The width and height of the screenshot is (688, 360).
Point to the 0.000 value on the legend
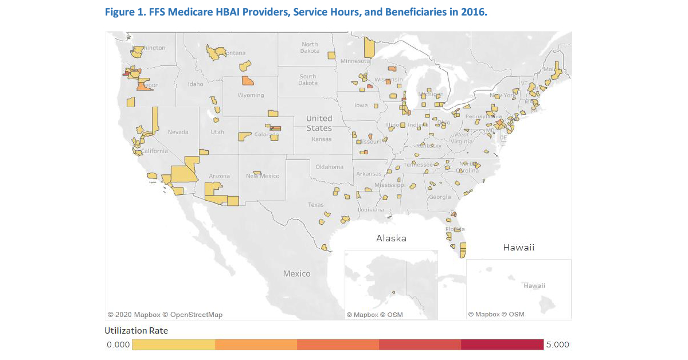click(x=118, y=345)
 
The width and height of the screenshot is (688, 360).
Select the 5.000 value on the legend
click(x=557, y=345)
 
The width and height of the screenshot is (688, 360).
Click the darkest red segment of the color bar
click(x=502, y=345)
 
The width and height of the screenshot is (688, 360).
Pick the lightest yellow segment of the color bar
click(x=173, y=345)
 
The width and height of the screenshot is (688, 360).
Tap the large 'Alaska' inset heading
click(x=391, y=238)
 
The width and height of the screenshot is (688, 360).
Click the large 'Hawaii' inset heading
click(x=518, y=247)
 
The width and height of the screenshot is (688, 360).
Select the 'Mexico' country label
click(x=296, y=273)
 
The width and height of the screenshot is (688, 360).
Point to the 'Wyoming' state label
click(x=251, y=95)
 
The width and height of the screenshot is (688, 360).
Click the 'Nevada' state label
click(x=178, y=132)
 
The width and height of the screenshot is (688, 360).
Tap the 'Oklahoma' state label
click(x=329, y=167)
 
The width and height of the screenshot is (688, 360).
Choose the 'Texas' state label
click(x=315, y=205)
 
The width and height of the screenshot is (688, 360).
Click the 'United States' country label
click(x=319, y=123)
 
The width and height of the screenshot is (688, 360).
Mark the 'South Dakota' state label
click(x=307, y=80)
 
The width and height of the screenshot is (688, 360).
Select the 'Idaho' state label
click(x=196, y=84)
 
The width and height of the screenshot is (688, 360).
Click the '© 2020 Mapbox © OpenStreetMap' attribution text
click(x=165, y=314)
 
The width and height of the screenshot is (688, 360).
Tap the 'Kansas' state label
click(x=321, y=139)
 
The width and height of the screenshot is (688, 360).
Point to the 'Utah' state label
click(x=217, y=132)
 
